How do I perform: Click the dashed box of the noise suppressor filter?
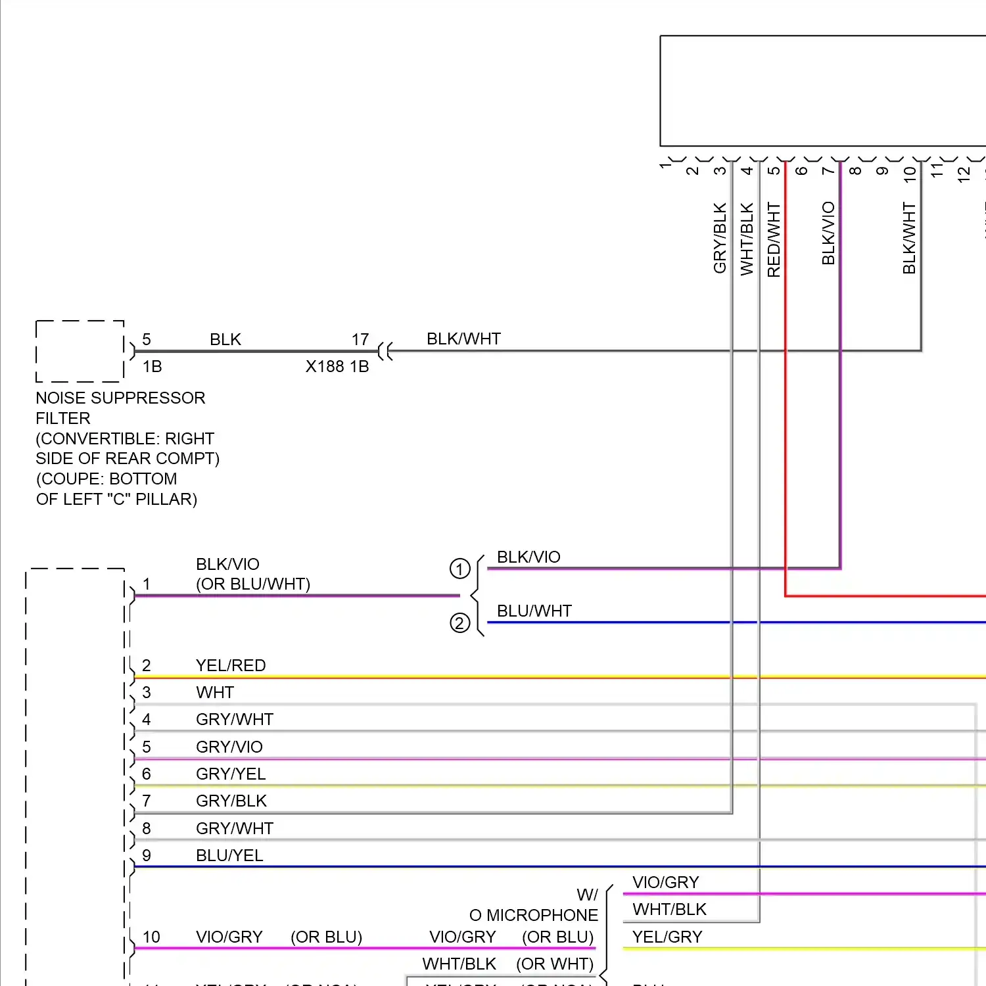pos(80,351)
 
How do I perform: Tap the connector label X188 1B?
pos(337,367)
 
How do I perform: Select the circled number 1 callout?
pos(459,569)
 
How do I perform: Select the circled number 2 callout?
pos(459,622)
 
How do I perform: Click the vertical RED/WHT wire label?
pos(774,240)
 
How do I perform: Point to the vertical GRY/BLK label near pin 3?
pos(720,238)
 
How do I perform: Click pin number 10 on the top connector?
pos(909,174)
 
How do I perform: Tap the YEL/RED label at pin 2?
pos(231,666)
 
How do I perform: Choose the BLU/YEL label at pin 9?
pos(229,856)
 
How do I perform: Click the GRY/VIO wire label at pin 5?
pos(229,747)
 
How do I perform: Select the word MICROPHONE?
pos(542,916)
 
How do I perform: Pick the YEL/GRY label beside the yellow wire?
pos(667,937)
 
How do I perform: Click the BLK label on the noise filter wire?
pos(225,340)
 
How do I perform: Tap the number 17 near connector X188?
pos(360,340)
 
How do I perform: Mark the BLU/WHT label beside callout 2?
pos(534,611)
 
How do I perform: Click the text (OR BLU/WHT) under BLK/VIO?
pos(253,584)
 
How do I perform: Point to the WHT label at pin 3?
pos(215,693)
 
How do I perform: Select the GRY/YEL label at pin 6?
pos(231,774)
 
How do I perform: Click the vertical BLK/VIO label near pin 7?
pos(828,233)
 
